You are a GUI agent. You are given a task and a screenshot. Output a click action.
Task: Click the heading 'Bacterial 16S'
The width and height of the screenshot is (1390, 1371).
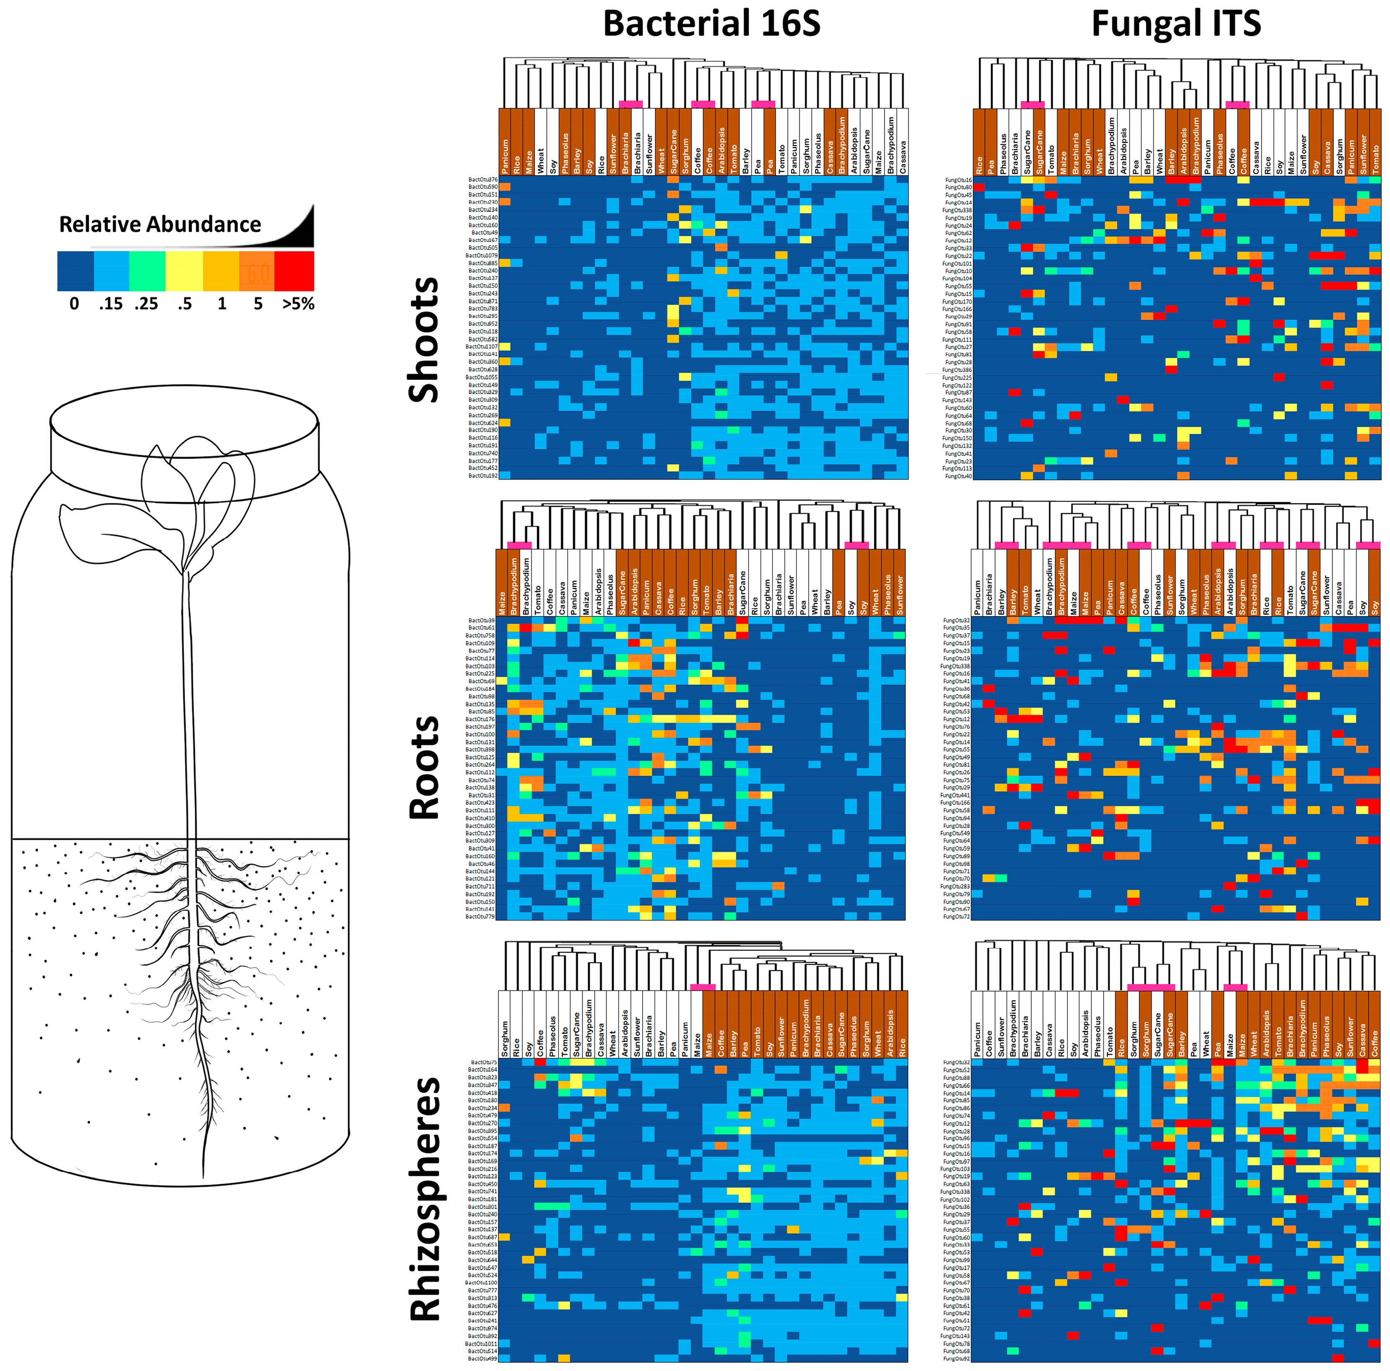pyautogui.click(x=711, y=24)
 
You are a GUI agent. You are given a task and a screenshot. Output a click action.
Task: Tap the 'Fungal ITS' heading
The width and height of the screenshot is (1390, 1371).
pyautogui.click(x=1176, y=24)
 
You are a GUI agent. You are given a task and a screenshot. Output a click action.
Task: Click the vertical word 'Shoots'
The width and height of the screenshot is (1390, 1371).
pyautogui.click(x=424, y=339)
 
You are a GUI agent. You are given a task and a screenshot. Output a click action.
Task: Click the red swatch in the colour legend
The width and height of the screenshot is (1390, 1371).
pyautogui.click(x=294, y=271)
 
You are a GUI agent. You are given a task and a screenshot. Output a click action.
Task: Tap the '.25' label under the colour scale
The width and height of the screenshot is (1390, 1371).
pyautogui.click(x=146, y=304)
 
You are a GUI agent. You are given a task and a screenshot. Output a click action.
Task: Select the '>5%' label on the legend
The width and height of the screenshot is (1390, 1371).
pyautogui.click(x=298, y=304)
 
